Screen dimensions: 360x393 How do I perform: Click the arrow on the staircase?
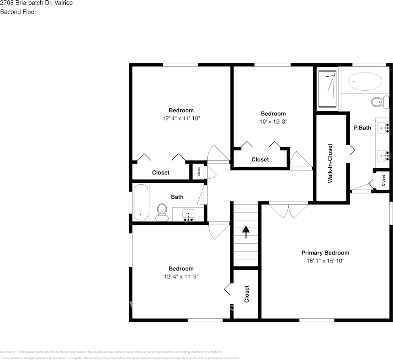click(x=246, y=232)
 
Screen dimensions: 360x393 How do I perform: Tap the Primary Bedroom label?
click(x=325, y=253)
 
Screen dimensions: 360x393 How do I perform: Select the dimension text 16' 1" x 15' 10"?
click(x=325, y=261)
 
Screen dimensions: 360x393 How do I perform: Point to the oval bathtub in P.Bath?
click(x=365, y=81)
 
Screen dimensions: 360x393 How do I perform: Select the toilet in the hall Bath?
click(x=162, y=212)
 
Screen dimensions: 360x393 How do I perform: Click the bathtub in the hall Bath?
click(x=141, y=202)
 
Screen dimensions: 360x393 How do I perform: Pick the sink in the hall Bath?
click(x=188, y=215)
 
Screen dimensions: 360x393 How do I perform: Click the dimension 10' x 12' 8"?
click(x=273, y=122)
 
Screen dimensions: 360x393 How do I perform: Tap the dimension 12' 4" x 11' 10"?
click(x=181, y=118)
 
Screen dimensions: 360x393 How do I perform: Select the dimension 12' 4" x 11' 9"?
click(x=181, y=277)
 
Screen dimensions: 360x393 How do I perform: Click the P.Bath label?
click(x=362, y=128)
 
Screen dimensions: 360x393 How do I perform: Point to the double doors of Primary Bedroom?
click(x=289, y=210)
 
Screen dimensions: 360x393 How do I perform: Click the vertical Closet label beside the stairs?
click(x=246, y=294)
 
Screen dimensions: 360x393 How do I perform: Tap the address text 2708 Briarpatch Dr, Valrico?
click(x=36, y=3)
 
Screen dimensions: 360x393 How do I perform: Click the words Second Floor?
click(x=18, y=12)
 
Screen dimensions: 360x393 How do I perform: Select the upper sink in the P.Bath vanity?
click(x=383, y=128)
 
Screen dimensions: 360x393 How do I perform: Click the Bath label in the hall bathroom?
click(x=177, y=197)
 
